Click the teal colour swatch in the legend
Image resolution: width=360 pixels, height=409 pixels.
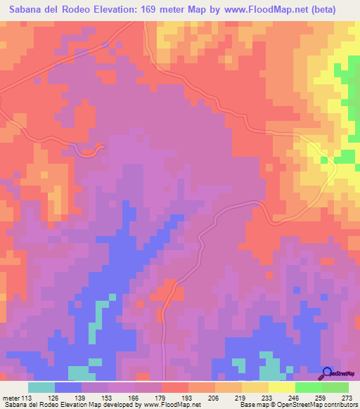tap(41, 387)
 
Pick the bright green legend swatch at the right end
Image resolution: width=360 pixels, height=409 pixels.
tap(335, 387)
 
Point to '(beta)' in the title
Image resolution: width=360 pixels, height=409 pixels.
tap(323, 9)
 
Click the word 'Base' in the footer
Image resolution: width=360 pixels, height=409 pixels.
tap(247, 405)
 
